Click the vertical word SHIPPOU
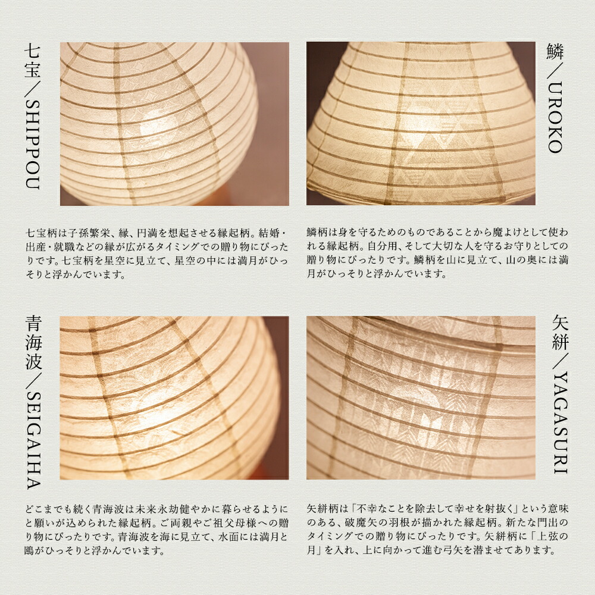(33, 144)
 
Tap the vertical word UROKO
(555, 117)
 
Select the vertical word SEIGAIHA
(33, 440)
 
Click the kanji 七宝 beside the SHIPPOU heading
(33, 61)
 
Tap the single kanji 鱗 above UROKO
(555, 52)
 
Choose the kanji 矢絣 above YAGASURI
(560, 333)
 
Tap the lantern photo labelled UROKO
(421, 123)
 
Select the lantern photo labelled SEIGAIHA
(174, 397)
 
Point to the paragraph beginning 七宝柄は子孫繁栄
(156, 253)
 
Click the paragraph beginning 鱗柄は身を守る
(437, 253)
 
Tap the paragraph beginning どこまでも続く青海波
(156, 530)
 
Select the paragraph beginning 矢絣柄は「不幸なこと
(437, 529)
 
